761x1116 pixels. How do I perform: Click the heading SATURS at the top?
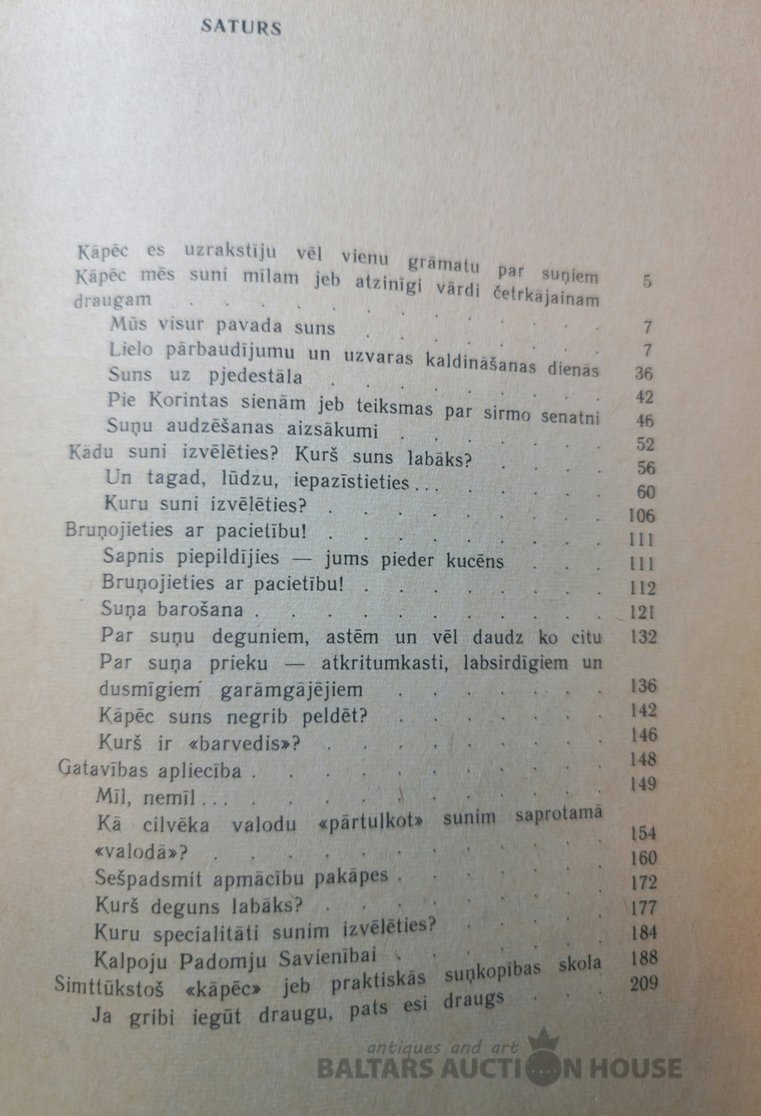point(241,28)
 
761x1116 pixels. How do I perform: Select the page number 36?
point(642,374)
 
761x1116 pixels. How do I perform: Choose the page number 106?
point(641,516)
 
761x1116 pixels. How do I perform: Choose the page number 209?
point(642,983)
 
